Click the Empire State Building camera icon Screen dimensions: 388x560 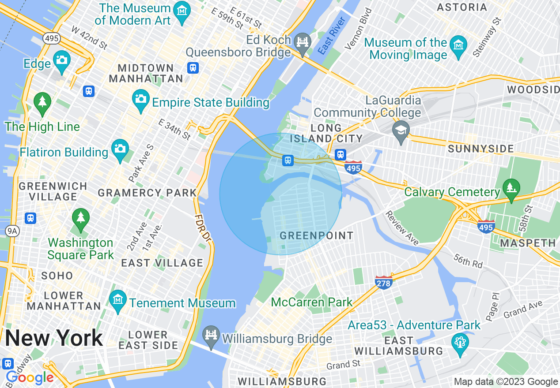(x=141, y=97)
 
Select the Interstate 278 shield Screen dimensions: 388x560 (x=383, y=283)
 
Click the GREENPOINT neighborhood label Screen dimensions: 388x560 (x=317, y=235)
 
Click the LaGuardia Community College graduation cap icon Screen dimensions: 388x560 (x=401, y=131)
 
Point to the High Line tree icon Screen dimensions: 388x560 (x=42, y=102)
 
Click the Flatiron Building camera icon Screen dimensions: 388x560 (x=120, y=148)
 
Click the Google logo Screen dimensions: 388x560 (x=30, y=377)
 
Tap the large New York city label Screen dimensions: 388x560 (x=54, y=338)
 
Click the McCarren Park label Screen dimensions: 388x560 (x=311, y=302)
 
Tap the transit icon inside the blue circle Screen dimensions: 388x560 (x=288, y=160)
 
